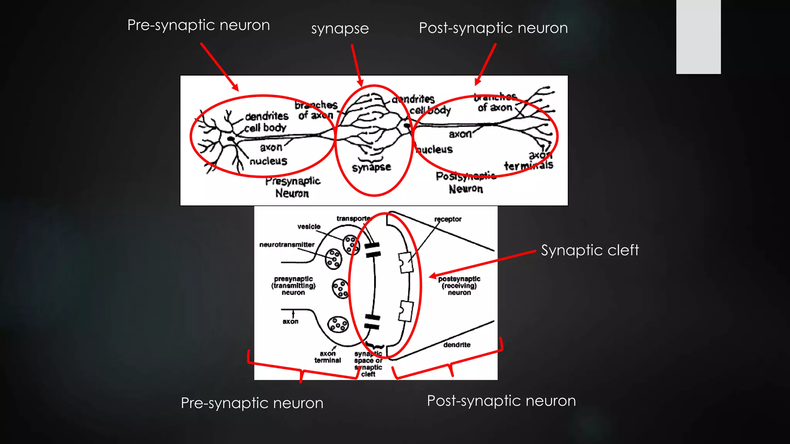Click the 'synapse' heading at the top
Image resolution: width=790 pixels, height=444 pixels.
tap(340, 29)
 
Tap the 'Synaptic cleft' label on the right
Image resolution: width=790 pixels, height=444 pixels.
tap(589, 250)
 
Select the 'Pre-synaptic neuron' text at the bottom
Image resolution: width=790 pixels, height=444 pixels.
tap(252, 403)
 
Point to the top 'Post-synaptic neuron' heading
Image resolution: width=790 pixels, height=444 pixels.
tap(493, 28)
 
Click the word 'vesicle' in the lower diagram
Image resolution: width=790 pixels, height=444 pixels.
tap(309, 227)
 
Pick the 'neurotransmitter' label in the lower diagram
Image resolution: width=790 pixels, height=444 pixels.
tap(287, 245)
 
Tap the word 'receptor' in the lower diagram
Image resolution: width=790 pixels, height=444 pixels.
tap(447, 219)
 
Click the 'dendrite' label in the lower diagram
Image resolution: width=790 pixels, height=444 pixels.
tap(457, 345)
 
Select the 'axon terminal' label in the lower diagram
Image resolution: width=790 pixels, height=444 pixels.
tap(327, 357)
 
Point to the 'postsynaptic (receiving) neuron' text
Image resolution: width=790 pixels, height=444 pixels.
tap(459, 286)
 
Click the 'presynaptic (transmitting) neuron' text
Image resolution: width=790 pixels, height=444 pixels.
tap(293, 286)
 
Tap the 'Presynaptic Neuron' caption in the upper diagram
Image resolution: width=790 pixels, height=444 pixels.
tap(293, 187)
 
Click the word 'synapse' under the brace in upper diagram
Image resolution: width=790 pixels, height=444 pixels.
tap(371, 167)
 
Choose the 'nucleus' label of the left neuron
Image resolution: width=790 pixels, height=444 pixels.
tap(268, 161)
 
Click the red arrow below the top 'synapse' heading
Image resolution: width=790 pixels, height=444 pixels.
tap(357, 65)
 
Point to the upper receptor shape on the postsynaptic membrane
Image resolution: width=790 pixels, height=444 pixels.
tap(405, 262)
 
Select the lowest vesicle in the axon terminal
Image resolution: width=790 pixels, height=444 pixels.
tap(338, 324)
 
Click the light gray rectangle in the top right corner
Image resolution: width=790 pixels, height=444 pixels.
tap(698, 37)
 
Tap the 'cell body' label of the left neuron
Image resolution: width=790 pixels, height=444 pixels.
tap(265, 128)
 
